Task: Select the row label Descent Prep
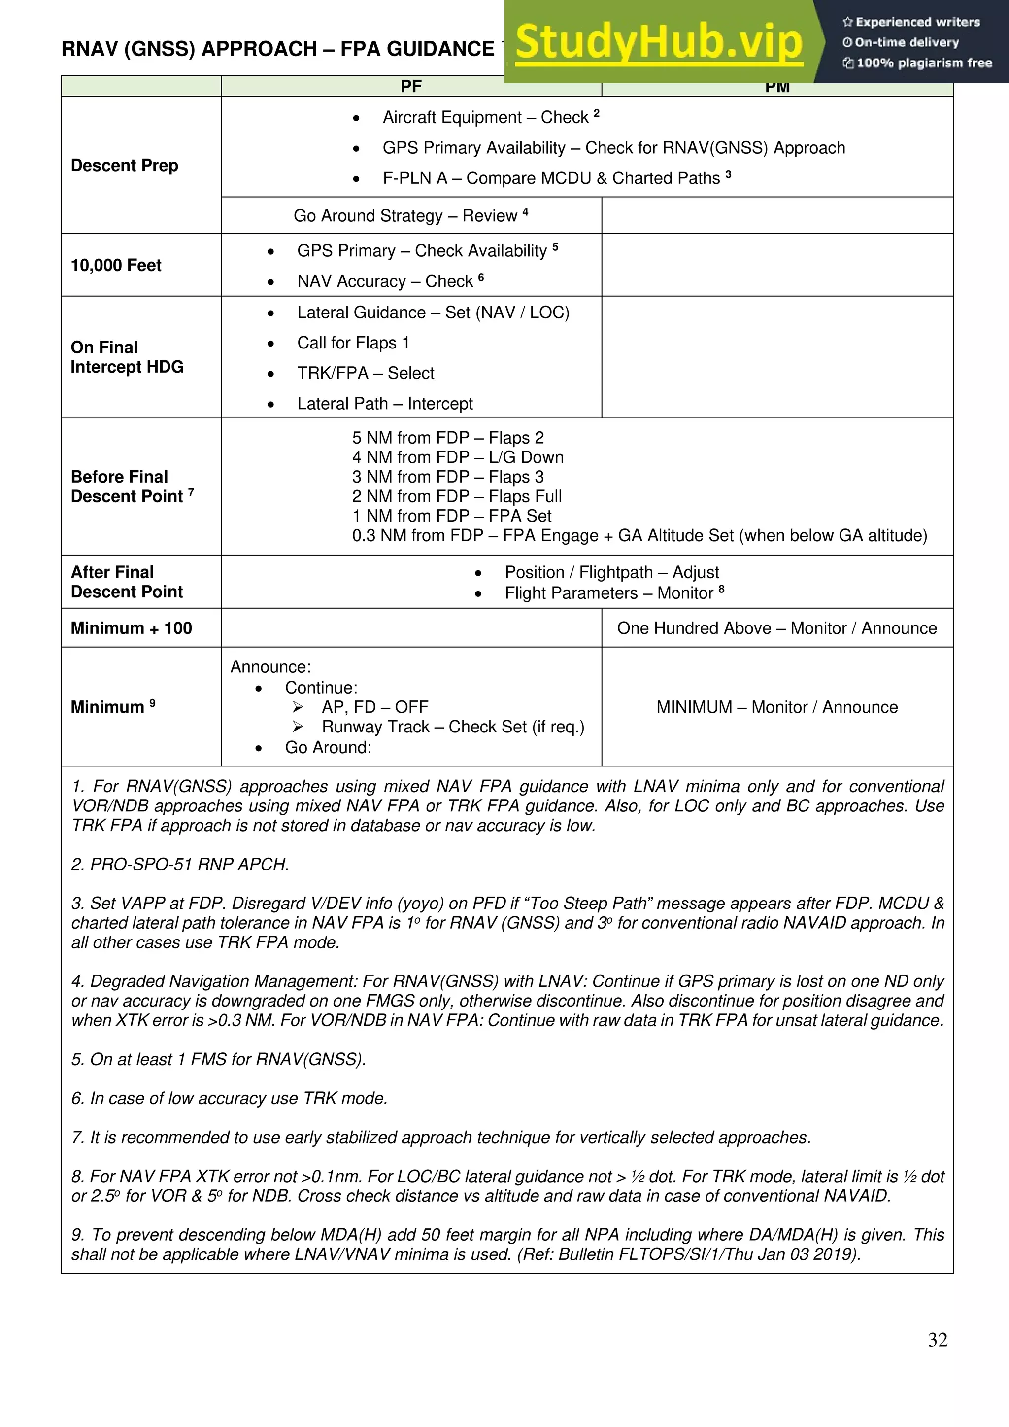click(124, 165)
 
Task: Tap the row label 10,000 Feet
click(116, 265)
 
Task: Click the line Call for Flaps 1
click(352, 343)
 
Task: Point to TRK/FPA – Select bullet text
click(366, 373)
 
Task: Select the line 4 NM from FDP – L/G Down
click(457, 457)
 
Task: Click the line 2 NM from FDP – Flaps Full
click(457, 496)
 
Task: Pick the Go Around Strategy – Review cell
click(411, 216)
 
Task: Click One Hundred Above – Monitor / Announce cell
click(776, 628)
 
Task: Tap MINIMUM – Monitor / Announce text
click(776, 707)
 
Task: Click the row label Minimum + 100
click(131, 628)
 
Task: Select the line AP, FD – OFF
click(374, 707)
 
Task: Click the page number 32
click(938, 1339)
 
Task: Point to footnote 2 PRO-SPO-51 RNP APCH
click(180, 865)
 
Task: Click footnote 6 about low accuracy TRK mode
click(229, 1098)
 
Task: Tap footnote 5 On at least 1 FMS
click(218, 1059)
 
